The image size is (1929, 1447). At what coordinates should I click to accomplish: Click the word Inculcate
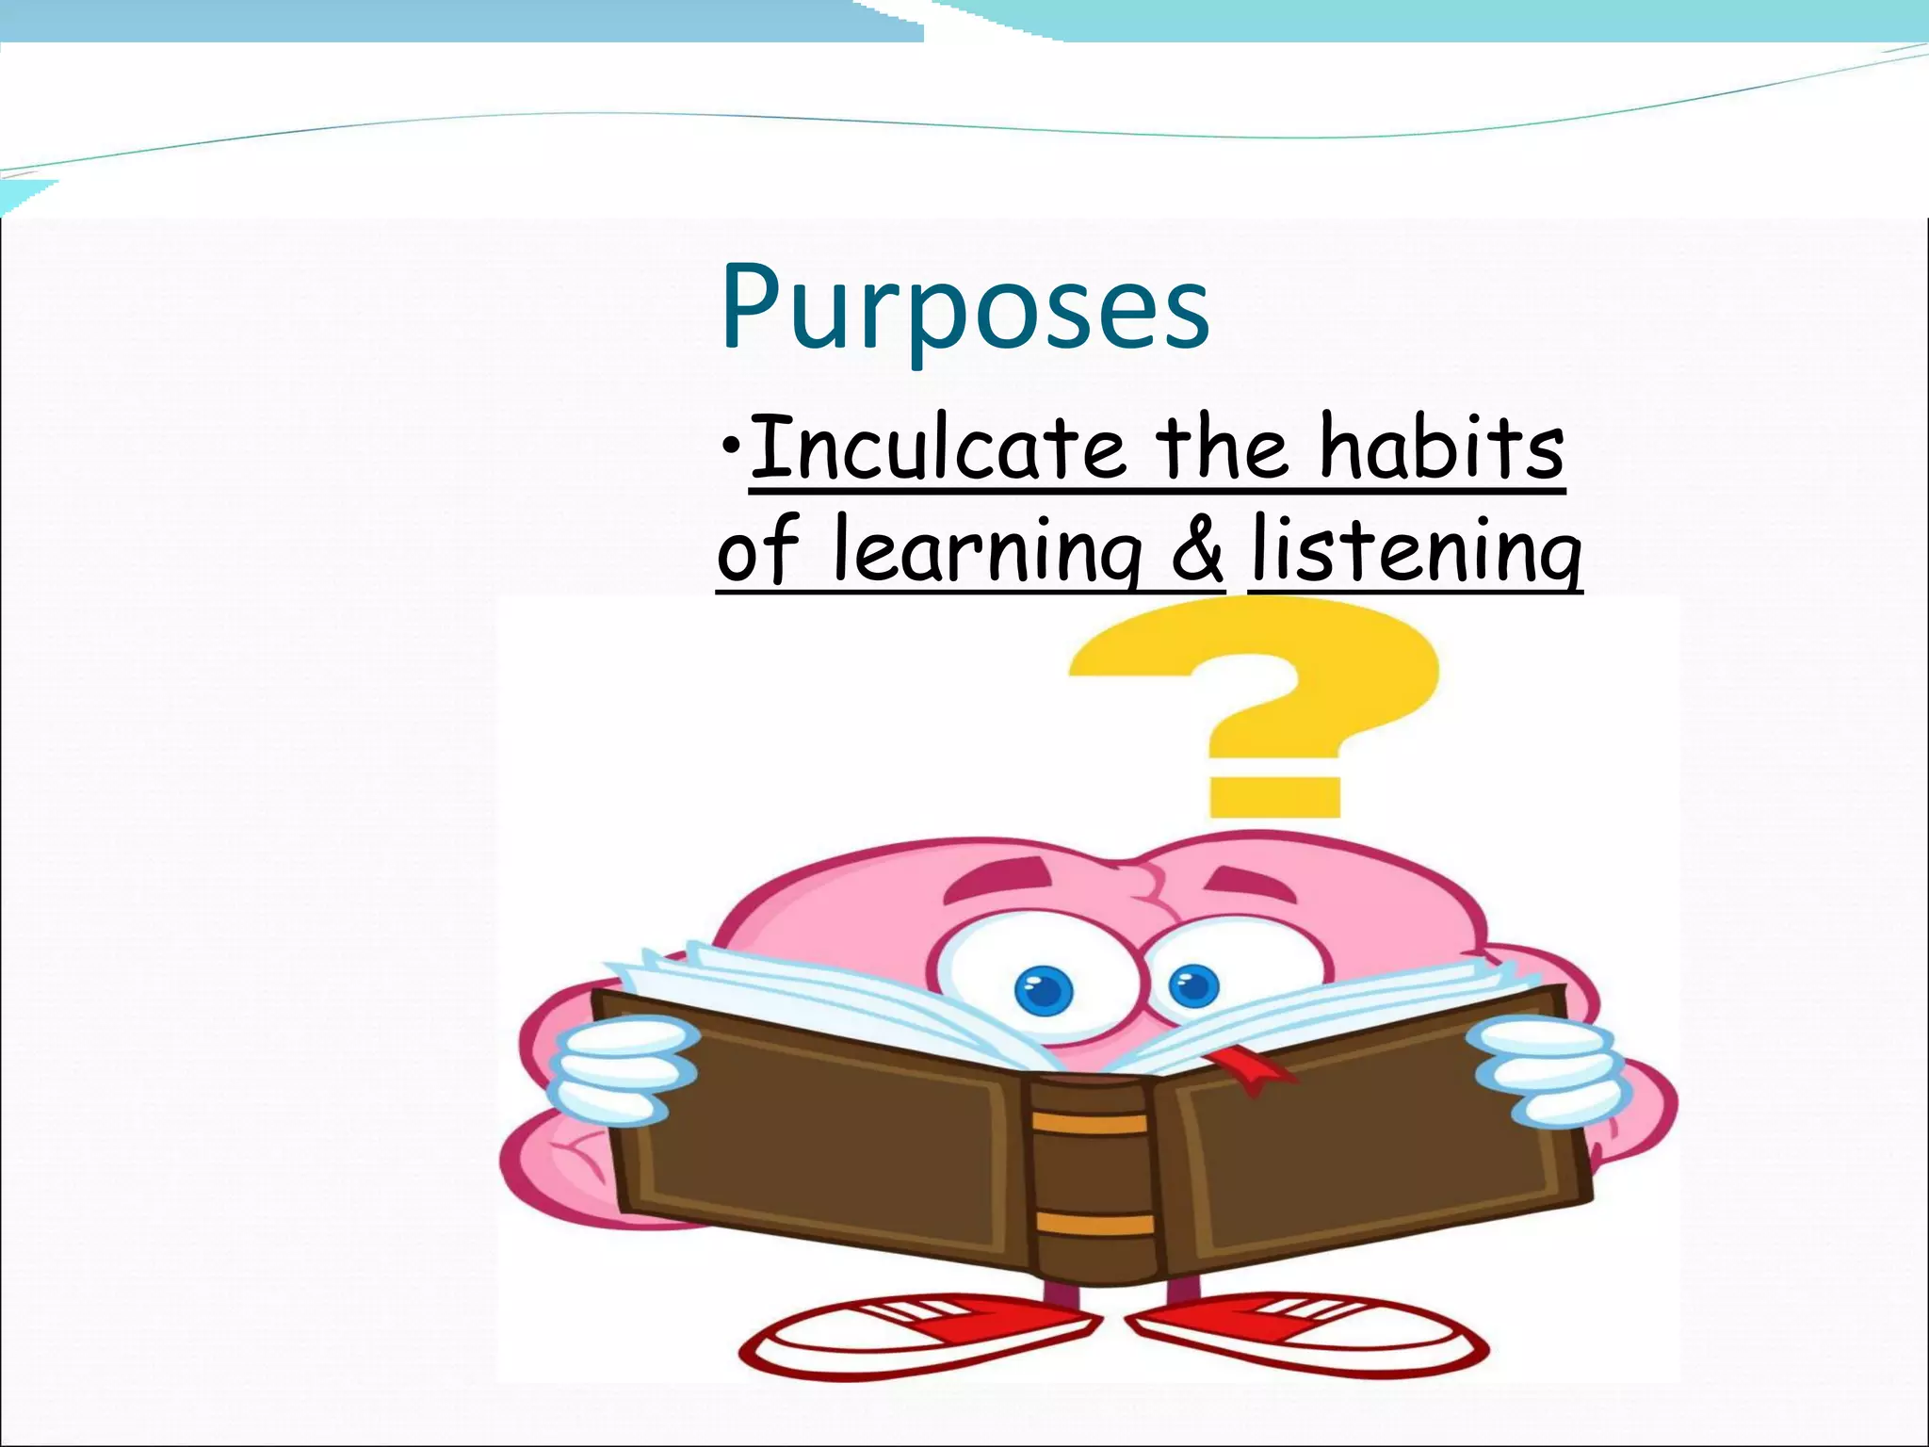(937, 448)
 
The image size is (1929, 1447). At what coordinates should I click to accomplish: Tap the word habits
(1441, 448)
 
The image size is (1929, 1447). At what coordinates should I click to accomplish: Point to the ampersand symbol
(1197, 551)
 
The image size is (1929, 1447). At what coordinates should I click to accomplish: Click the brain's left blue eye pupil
(1044, 990)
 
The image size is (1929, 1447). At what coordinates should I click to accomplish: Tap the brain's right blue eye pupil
(1193, 987)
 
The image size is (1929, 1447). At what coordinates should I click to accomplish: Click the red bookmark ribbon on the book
(1243, 1069)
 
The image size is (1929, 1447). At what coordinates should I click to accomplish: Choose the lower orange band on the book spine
(1094, 1224)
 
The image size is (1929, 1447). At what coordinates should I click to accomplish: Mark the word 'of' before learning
(757, 551)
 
